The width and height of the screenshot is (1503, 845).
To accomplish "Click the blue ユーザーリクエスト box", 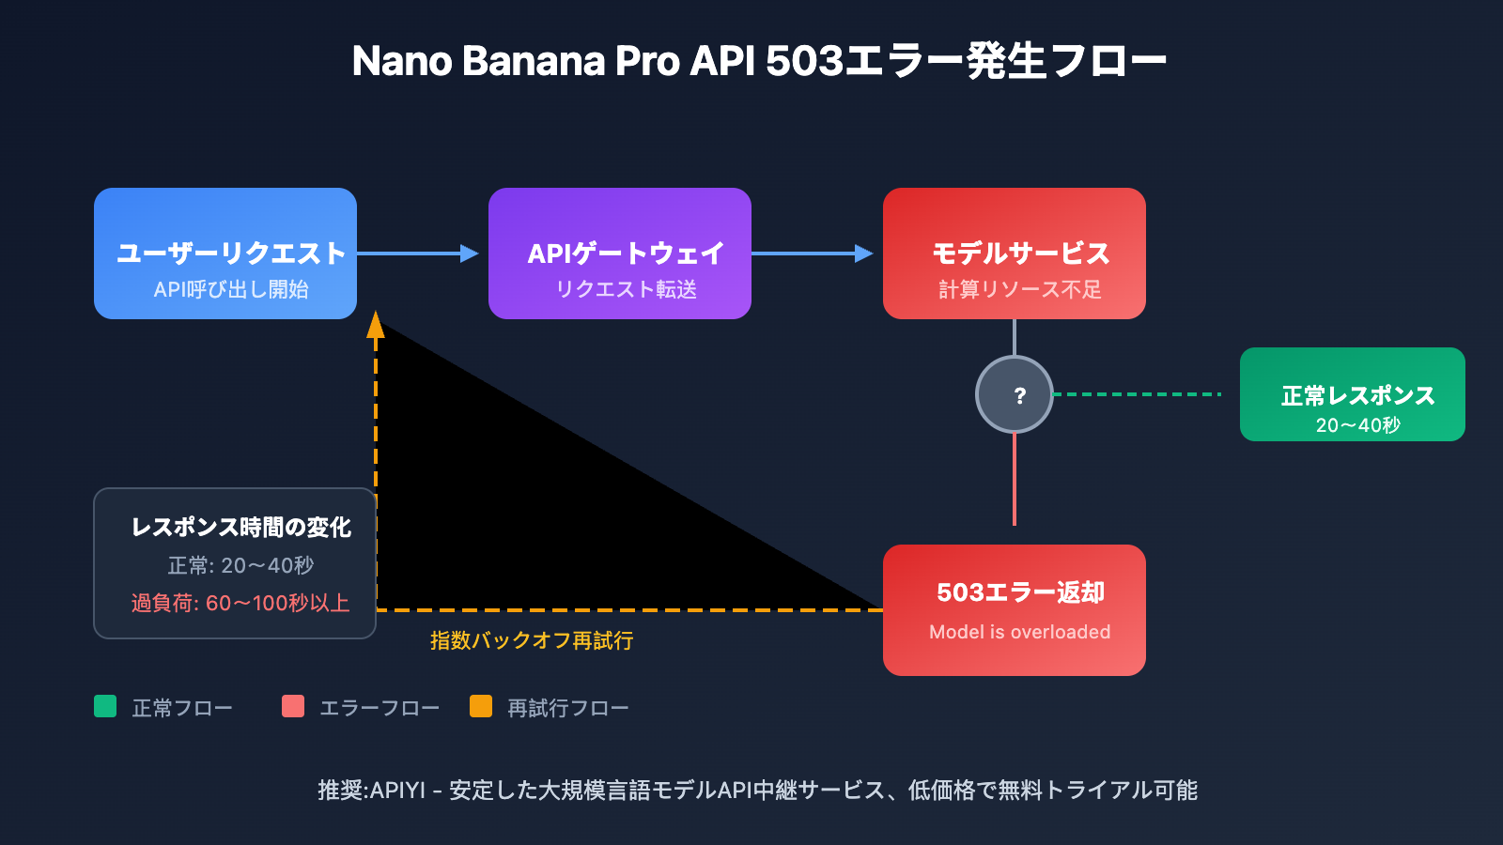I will click(x=225, y=253).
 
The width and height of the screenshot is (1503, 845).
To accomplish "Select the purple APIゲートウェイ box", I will click(x=620, y=253).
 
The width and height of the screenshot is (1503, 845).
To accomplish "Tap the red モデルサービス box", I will click(x=1015, y=253).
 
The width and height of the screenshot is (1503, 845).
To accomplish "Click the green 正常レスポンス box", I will click(x=1353, y=394).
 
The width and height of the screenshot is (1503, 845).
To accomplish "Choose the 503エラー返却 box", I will click(x=1015, y=610).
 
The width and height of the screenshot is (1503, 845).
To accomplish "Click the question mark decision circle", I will click(x=1015, y=394).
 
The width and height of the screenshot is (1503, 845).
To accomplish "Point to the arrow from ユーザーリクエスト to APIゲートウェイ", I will click(x=418, y=253).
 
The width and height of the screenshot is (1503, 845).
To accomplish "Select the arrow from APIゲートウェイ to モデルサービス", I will click(x=813, y=253).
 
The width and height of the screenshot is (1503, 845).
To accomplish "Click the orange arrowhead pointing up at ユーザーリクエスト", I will click(x=376, y=325).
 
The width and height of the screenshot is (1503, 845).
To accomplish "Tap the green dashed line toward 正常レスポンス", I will click(x=1137, y=394).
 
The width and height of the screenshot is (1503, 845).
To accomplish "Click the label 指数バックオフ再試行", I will click(x=532, y=640).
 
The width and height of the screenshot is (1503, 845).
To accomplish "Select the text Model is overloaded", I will click(x=1019, y=632).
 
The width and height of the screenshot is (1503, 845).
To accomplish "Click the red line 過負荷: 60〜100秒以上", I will click(x=240, y=603).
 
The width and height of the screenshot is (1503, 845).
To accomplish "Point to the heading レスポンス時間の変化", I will click(x=240, y=528).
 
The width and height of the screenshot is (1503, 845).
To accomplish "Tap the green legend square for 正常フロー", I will click(x=105, y=706).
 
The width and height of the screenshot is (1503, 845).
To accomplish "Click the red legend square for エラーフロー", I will click(x=293, y=706).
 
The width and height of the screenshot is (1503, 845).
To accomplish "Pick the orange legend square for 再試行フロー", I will click(x=481, y=706).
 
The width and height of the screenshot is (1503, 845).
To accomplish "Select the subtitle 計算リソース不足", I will click(x=1019, y=289).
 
